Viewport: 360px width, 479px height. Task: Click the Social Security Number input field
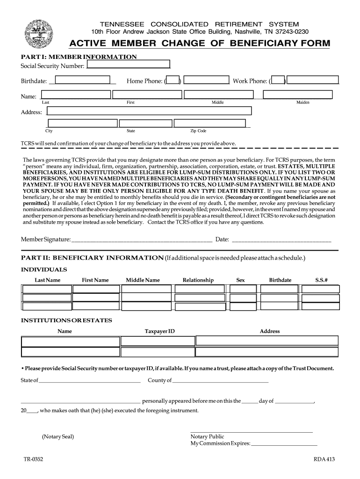pos(128,65)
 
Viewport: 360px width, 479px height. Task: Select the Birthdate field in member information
pos(83,80)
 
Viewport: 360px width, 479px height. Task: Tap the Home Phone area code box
pos(173,81)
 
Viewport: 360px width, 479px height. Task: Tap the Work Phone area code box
pos(278,81)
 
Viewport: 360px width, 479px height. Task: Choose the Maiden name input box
pos(297,95)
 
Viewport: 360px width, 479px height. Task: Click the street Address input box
pos(150,111)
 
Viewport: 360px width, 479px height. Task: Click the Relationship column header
pos(198,280)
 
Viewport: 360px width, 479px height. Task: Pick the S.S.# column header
pos(321,280)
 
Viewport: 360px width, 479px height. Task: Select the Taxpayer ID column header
pos(159,331)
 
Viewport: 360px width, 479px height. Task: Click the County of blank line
pos(221,381)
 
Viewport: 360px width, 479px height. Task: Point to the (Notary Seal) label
pos(58,437)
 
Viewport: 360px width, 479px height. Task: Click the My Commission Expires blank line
pos(284,443)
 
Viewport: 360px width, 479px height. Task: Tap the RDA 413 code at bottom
pos(324,459)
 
